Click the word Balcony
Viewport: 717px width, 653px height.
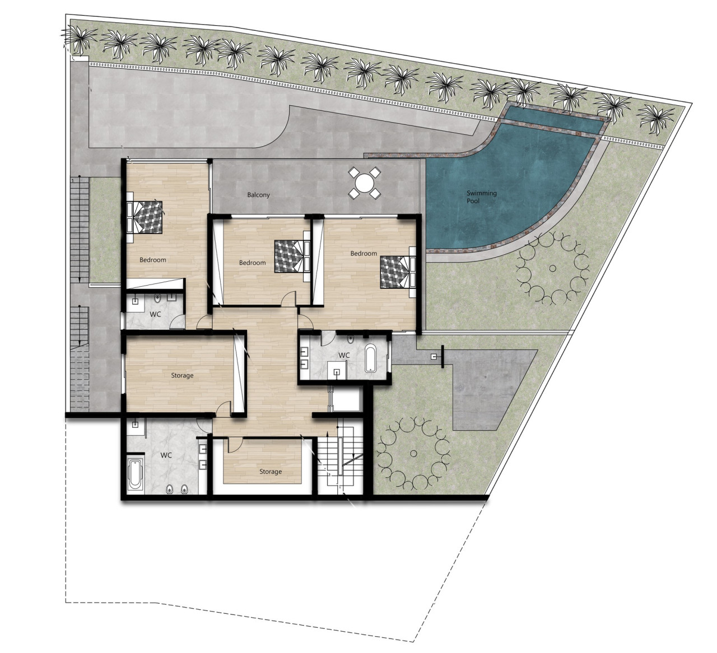tap(258, 195)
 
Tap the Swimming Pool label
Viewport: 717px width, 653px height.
tap(482, 197)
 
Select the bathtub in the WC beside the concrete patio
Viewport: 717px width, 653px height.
tap(371, 359)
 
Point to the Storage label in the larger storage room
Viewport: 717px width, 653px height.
tap(182, 375)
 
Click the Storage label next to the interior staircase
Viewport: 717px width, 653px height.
tap(271, 472)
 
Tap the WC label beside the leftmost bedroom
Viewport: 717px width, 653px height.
tap(155, 314)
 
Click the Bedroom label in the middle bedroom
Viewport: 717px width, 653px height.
tap(252, 263)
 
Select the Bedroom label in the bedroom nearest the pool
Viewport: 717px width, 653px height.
tap(364, 253)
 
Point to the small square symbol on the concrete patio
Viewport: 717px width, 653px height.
tap(433, 357)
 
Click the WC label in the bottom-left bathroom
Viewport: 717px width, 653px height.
tap(166, 455)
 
